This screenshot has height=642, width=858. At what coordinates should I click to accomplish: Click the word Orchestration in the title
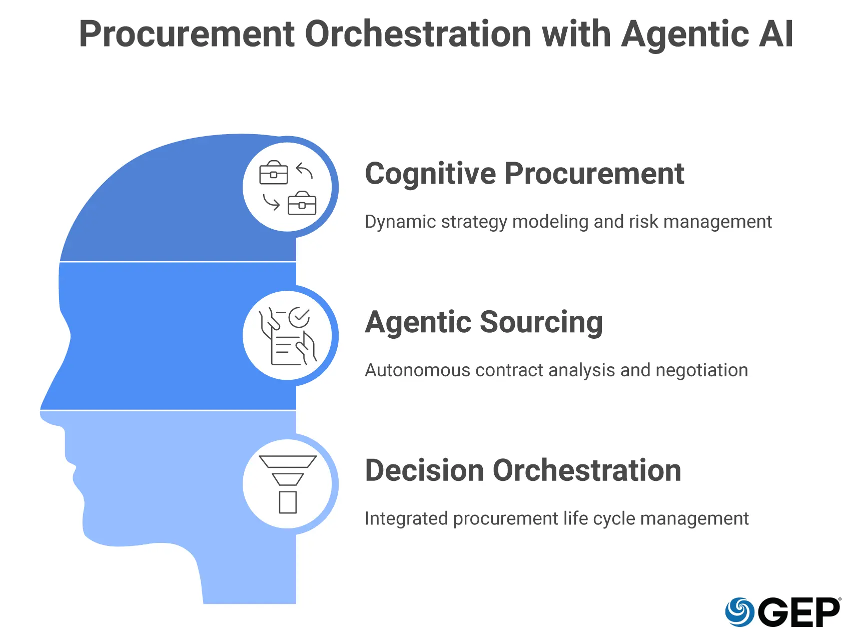click(x=418, y=34)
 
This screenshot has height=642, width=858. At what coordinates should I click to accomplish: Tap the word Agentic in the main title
click(x=685, y=34)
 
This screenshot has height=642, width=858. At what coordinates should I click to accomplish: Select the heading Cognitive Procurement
click(x=524, y=174)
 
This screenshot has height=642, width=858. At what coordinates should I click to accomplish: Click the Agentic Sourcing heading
click(x=484, y=322)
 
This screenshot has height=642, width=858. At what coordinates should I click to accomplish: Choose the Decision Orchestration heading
click(x=523, y=470)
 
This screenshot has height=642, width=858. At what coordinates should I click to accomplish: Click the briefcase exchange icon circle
click(x=288, y=187)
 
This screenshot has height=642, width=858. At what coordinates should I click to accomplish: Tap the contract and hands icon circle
click(x=288, y=336)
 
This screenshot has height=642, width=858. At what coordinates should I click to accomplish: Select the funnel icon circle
click(x=288, y=484)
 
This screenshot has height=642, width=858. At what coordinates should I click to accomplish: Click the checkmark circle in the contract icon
click(x=299, y=317)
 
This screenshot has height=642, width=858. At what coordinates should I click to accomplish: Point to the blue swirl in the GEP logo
click(x=740, y=612)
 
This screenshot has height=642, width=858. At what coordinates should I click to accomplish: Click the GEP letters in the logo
click(x=799, y=612)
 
